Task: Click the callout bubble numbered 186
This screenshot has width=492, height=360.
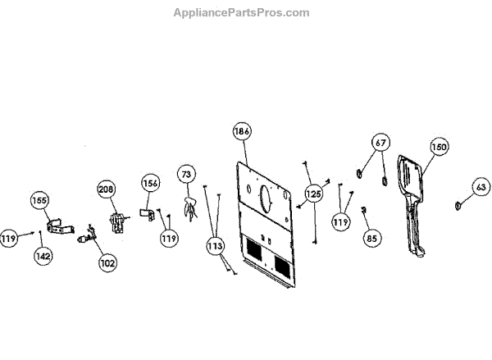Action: pos(241,131)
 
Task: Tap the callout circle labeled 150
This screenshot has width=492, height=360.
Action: pos(439,147)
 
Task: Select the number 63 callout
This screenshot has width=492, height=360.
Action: pos(480,187)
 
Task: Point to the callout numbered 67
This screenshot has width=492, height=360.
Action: pos(380,143)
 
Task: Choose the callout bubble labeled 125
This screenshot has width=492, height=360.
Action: pos(314,194)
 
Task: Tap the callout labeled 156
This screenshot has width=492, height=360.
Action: pos(150,183)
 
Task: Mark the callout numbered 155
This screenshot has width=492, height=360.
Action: pos(40,200)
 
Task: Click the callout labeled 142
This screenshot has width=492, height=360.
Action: pos(43,256)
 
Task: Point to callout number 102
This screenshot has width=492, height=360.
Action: pos(107,263)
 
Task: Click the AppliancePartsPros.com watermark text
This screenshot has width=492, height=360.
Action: pos(242,12)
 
